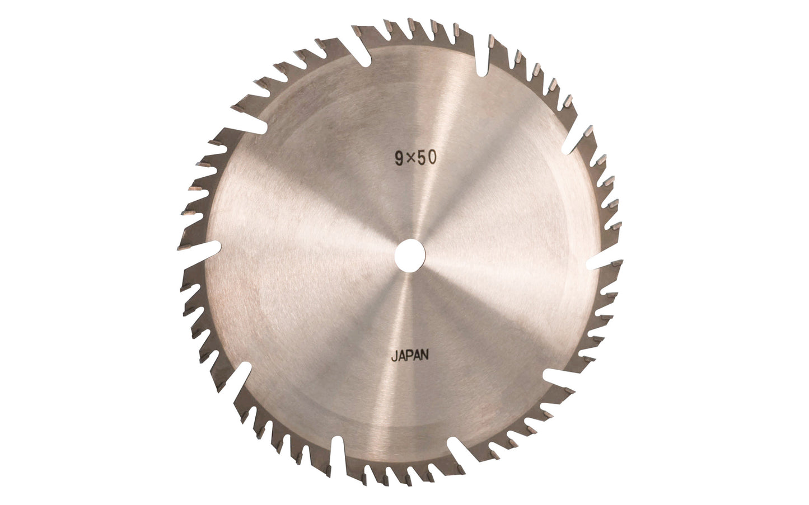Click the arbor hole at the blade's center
pos(410,255)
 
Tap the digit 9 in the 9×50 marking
pos(399,159)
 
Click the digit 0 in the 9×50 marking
pos(432,157)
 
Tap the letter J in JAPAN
pos(394,356)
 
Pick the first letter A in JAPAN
pos(401,356)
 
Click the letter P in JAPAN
pos(409,356)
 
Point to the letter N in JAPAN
pos(424,355)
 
